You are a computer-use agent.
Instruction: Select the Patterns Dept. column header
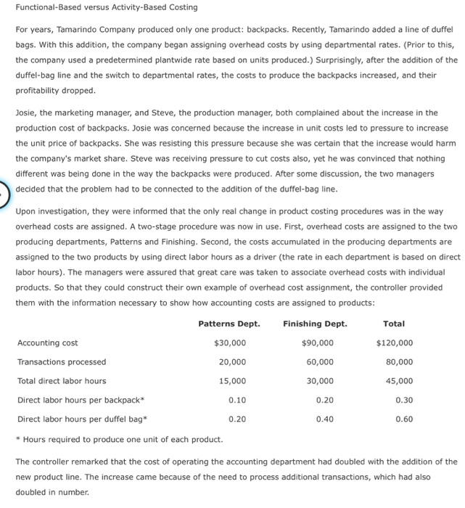pyautogui.click(x=229, y=324)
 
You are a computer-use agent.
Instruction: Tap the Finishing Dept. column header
pyautogui.click(x=316, y=324)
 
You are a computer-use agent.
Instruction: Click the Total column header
pyautogui.click(x=394, y=324)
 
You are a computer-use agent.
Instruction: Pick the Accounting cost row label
pyautogui.click(x=48, y=343)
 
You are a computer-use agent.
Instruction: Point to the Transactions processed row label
pyautogui.click(x=62, y=362)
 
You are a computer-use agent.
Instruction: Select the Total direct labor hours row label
pyautogui.click(x=62, y=381)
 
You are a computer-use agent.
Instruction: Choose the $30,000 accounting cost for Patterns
pyautogui.click(x=230, y=343)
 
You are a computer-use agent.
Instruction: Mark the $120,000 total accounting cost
pyautogui.click(x=395, y=343)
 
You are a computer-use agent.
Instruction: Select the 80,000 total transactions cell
pyautogui.click(x=399, y=362)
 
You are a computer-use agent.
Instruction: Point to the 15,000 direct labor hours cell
pyautogui.click(x=232, y=381)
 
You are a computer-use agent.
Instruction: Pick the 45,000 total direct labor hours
pyautogui.click(x=399, y=381)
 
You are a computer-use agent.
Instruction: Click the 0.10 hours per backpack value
pyautogui.click(x=236, y=400)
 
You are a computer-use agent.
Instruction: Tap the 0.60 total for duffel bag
pyautogui.click(x=404, y=419)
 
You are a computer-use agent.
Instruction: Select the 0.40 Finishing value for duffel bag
pyautogui.click(x=324, y=419)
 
